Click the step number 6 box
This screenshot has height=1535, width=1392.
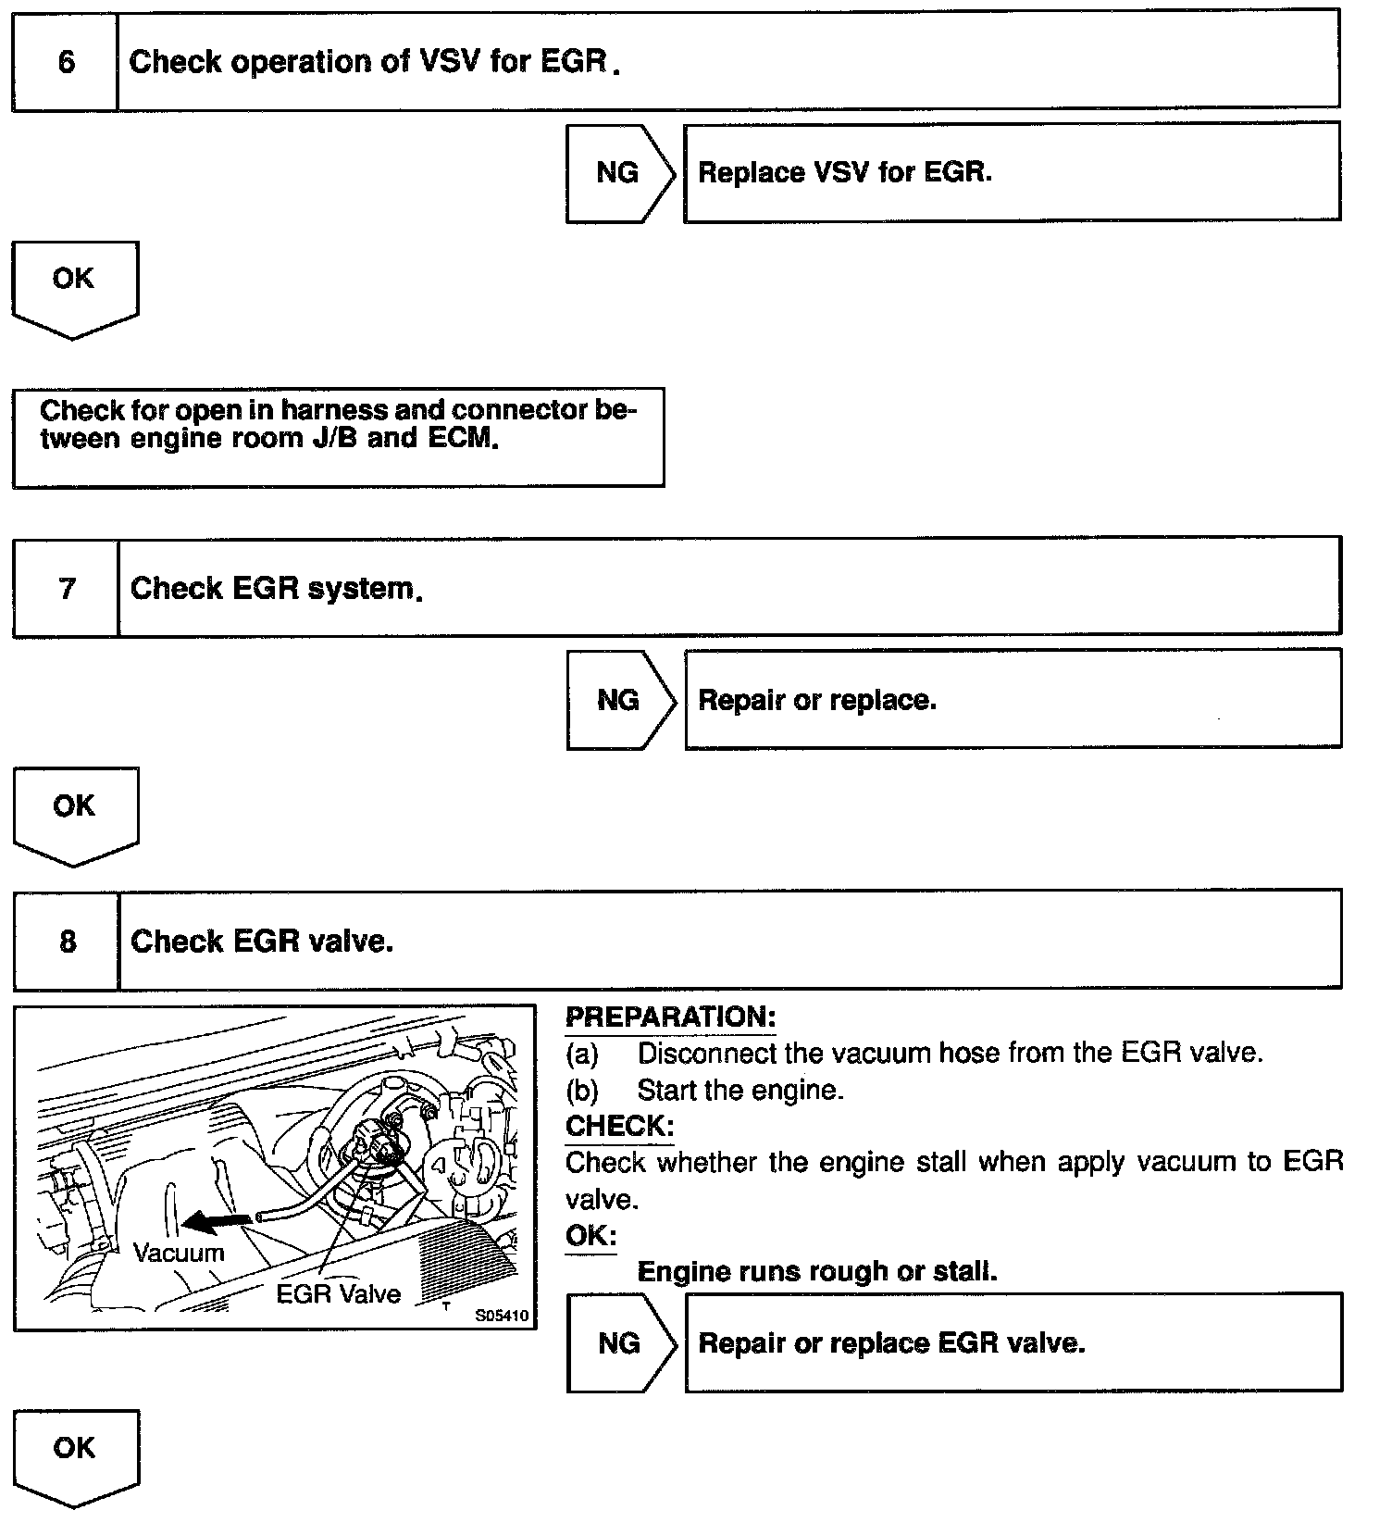(x=66, y=62)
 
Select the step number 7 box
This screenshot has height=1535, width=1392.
(x=67, y=588)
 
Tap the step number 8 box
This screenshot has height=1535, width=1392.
(x=68, y=942)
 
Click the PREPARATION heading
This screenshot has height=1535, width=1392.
(x=670, y=1017)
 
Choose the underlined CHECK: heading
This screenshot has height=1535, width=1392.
(x=619, y=1127)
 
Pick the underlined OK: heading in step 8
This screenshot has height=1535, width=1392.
(x=590, y=1236)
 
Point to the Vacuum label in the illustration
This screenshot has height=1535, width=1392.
(x=179, y=1254)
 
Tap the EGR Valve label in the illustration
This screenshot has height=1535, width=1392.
(x=338, y=1294)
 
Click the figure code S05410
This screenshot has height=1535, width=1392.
(x=502, y=1316)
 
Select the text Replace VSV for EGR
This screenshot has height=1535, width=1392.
(x=844, y=173)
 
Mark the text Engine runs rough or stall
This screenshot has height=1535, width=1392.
(x=817, y=1272)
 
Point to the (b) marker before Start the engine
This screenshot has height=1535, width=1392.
(x=582, y=1091)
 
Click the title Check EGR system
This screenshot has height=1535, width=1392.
(x=276, y=589)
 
